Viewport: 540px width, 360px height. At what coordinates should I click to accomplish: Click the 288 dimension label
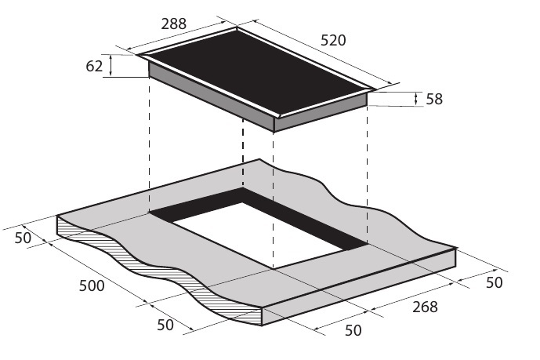coord(173,24)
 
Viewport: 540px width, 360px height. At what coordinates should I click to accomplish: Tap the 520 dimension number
coord(333,40)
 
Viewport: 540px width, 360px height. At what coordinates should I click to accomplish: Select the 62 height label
coord(94,66)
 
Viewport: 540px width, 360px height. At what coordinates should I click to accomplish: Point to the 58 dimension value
coord(434,99)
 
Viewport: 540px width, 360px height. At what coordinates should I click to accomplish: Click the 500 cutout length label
coord(92,285)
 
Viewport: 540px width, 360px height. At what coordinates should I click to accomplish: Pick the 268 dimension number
coord(425,307)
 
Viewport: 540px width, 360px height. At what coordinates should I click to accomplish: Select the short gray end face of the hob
coord(321,114)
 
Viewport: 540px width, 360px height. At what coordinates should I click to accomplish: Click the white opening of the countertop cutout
coord(256,234)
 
